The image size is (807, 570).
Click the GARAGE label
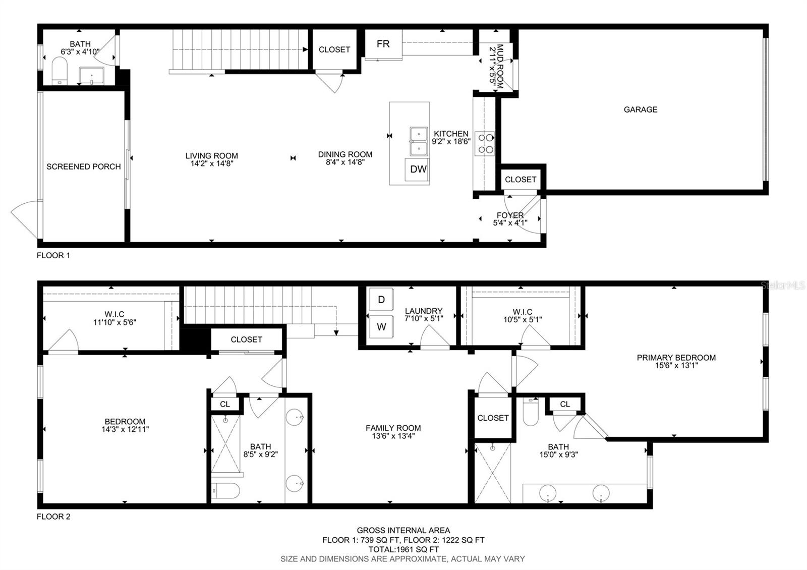[640, 109]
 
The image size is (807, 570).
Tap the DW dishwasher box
[418, 169]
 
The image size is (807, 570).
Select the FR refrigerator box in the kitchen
[383, 44]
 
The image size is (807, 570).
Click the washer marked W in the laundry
[381, 327]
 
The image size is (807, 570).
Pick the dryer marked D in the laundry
[381, 300]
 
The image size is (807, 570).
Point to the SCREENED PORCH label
[83, 166]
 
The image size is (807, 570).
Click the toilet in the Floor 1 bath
[60, 71]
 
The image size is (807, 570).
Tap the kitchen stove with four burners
[485, 143]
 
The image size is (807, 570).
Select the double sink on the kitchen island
[419, 142]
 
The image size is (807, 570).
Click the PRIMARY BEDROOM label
[676, 358]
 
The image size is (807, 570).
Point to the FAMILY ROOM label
[393, 428]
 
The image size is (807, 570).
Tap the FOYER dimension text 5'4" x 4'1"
[510, 223]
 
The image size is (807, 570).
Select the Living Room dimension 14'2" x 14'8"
[211, 163]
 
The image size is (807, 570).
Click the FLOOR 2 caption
[53, 517]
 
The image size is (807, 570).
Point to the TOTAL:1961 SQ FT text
[403, 549]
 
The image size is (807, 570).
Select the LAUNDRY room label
[424, 311]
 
